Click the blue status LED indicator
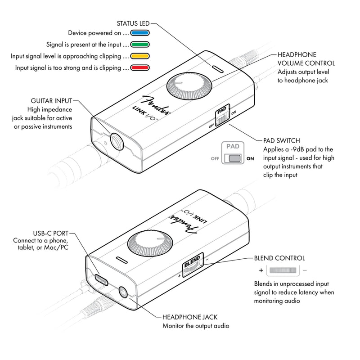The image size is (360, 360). click(140, 33)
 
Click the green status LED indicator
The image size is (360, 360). click(140, 45)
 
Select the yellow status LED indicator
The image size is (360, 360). click(140, 57)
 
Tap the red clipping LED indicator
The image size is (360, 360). click(140, 68)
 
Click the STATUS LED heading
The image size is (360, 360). click(132, 22)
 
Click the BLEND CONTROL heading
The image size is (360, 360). click(279, 258)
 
